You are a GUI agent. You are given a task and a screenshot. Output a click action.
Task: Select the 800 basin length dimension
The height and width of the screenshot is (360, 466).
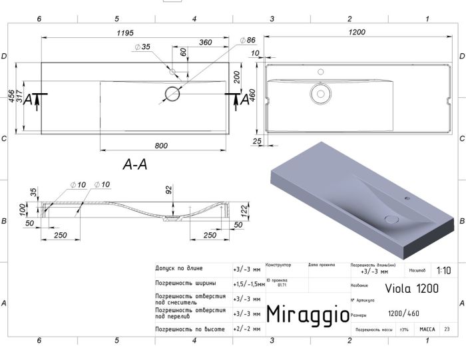tap(161, 144)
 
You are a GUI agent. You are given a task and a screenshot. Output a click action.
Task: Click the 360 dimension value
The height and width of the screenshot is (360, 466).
tap(205, 42)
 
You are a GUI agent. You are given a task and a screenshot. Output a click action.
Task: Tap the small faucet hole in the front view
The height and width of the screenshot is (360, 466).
tap(172, 71)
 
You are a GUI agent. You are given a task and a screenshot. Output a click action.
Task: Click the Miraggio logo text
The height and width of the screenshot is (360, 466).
tap(307, 313)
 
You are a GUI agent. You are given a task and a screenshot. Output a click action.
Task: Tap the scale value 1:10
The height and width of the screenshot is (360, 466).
tap(443, 271)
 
